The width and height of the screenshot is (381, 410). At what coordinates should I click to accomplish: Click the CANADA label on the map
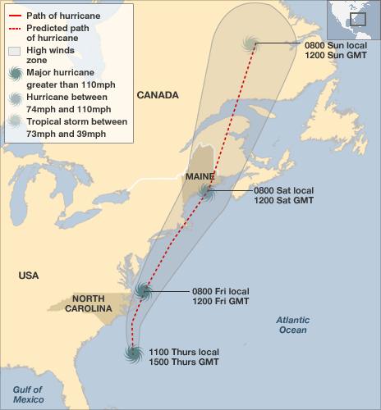point(158,95)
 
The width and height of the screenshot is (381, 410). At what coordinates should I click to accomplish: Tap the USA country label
point(29,276)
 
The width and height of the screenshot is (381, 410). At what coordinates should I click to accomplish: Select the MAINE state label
point(200,176)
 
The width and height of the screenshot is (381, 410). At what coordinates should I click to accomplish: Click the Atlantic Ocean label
point(291,325)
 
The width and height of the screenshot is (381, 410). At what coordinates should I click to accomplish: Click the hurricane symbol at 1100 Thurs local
point(133,354)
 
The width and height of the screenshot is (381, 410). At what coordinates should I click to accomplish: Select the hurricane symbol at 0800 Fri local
point(145,289)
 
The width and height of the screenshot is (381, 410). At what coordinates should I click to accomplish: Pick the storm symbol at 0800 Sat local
point(207,194)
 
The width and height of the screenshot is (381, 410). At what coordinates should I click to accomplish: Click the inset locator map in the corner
point(354,19)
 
